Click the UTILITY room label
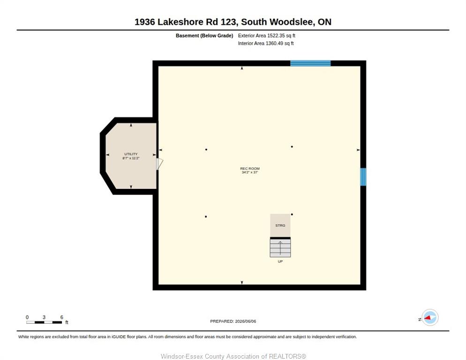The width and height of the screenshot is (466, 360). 131,154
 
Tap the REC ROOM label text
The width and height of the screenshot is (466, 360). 249,169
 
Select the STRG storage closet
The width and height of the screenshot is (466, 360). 280,225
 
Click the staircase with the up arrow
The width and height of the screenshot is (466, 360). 280,247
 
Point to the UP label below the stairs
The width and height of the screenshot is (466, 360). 280,262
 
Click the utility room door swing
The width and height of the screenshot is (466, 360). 159,164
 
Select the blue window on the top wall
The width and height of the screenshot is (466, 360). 310,63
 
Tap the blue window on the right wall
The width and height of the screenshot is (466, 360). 363,177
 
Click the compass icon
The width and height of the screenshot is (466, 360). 430,317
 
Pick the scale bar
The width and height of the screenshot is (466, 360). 44,322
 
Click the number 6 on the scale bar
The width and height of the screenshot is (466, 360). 62,317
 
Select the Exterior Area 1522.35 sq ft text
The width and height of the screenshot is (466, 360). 267,36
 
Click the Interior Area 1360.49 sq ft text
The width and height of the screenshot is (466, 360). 266,44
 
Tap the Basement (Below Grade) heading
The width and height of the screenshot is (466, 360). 204,36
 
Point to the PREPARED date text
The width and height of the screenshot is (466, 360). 233,322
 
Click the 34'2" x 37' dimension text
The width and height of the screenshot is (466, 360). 249,172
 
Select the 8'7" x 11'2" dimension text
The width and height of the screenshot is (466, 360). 131,158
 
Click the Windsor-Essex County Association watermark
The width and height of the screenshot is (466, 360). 233,356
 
